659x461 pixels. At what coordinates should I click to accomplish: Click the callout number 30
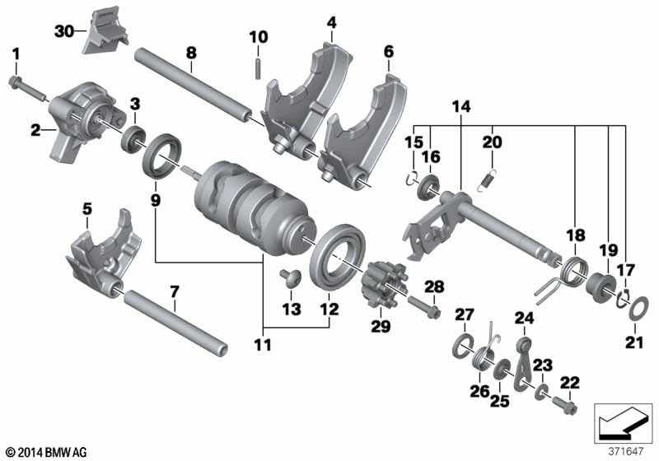[x=64, y=30]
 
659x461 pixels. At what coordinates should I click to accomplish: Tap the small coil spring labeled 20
[x=488, y=177]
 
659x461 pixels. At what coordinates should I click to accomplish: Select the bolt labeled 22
[x=563, y=404]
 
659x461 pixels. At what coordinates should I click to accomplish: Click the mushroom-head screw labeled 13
[x=290, y=277]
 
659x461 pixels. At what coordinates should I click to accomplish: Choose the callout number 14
[x=461, y=107]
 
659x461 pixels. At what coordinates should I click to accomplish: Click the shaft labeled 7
[x=176, y=321]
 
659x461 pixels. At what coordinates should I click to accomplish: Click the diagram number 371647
[x=626, y=452]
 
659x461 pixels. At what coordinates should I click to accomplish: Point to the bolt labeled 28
[x=423, y=307]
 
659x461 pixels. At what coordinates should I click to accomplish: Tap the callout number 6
[x=388, y=52]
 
